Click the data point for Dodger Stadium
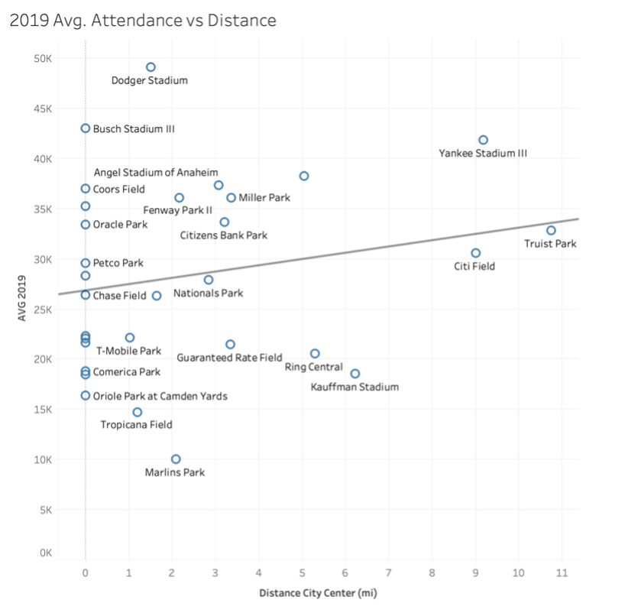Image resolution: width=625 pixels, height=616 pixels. tap(151, 67)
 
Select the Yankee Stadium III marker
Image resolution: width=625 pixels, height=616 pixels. tap(483, 140)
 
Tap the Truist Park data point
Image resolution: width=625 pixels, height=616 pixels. tap(551, 230)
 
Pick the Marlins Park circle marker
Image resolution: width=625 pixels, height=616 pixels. tap(176, 459)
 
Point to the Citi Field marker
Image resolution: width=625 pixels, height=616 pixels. tap(475, 253)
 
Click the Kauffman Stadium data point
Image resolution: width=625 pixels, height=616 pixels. tap(355, 374)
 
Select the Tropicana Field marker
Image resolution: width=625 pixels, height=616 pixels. tap(138, 412)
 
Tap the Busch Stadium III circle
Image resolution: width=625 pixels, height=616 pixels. tap(86, 128)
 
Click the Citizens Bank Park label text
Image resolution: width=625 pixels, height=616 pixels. tap(224, 235)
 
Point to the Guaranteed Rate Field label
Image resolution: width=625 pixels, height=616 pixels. tap(229, 358)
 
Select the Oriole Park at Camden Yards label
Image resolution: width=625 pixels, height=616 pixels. tap(160, 397)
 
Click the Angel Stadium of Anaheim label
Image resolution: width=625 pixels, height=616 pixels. tap(156, 173)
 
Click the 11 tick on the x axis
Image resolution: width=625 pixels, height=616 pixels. tap(562, 573)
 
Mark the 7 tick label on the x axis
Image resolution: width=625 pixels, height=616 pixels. tap(389, 573)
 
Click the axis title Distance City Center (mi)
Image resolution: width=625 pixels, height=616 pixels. tap(318, 593)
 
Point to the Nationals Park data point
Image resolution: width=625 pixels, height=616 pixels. tap(209, 280)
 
